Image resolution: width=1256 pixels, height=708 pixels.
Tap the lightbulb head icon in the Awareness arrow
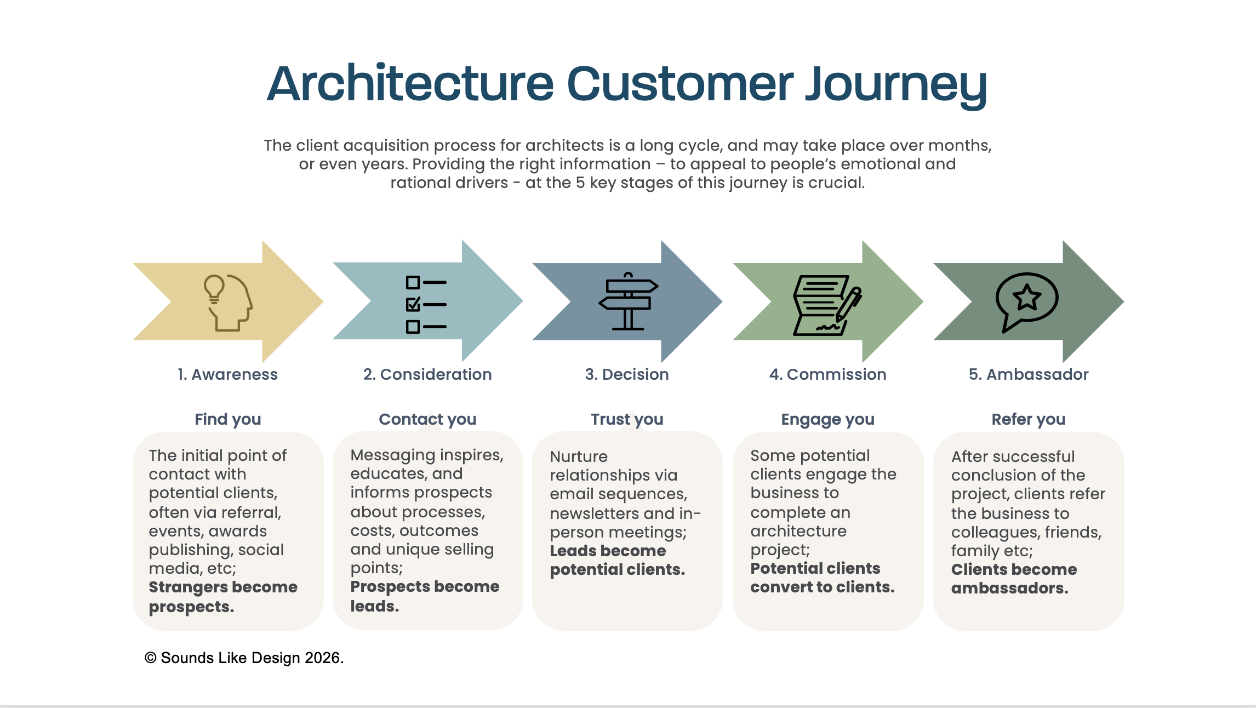(x=228, y=302)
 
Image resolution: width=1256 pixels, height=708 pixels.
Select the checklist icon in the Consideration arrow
(x=426, y=305)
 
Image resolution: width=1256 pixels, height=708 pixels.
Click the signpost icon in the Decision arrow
(x=628, y=301)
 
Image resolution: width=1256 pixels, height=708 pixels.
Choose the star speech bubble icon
(x=1026, y=302)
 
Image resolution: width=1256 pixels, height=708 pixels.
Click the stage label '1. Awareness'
(x=227, y=374)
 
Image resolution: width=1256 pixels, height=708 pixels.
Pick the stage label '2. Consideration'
(x=427, y=374)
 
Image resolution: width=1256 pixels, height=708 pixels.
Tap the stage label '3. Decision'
(x=627, y=374)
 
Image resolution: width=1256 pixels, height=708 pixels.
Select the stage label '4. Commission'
(x=827, y=374)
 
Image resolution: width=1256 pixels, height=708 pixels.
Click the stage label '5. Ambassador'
(x=1029, y=374)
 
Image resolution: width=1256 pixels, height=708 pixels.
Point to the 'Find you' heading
(x=228, y=420)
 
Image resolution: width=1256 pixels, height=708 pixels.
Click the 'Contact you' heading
(x=427, y=420)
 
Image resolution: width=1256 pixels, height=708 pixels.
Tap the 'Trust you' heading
(x=627, y=420)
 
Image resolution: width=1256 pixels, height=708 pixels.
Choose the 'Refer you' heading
(x=1029, y=420)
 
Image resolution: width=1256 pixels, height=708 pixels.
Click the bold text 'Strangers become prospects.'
(x=223, y=597)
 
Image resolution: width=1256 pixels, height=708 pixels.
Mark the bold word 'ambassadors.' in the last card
(x=1010, y=588)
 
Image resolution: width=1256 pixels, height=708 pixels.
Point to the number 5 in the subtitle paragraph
(x=580, y=182)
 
